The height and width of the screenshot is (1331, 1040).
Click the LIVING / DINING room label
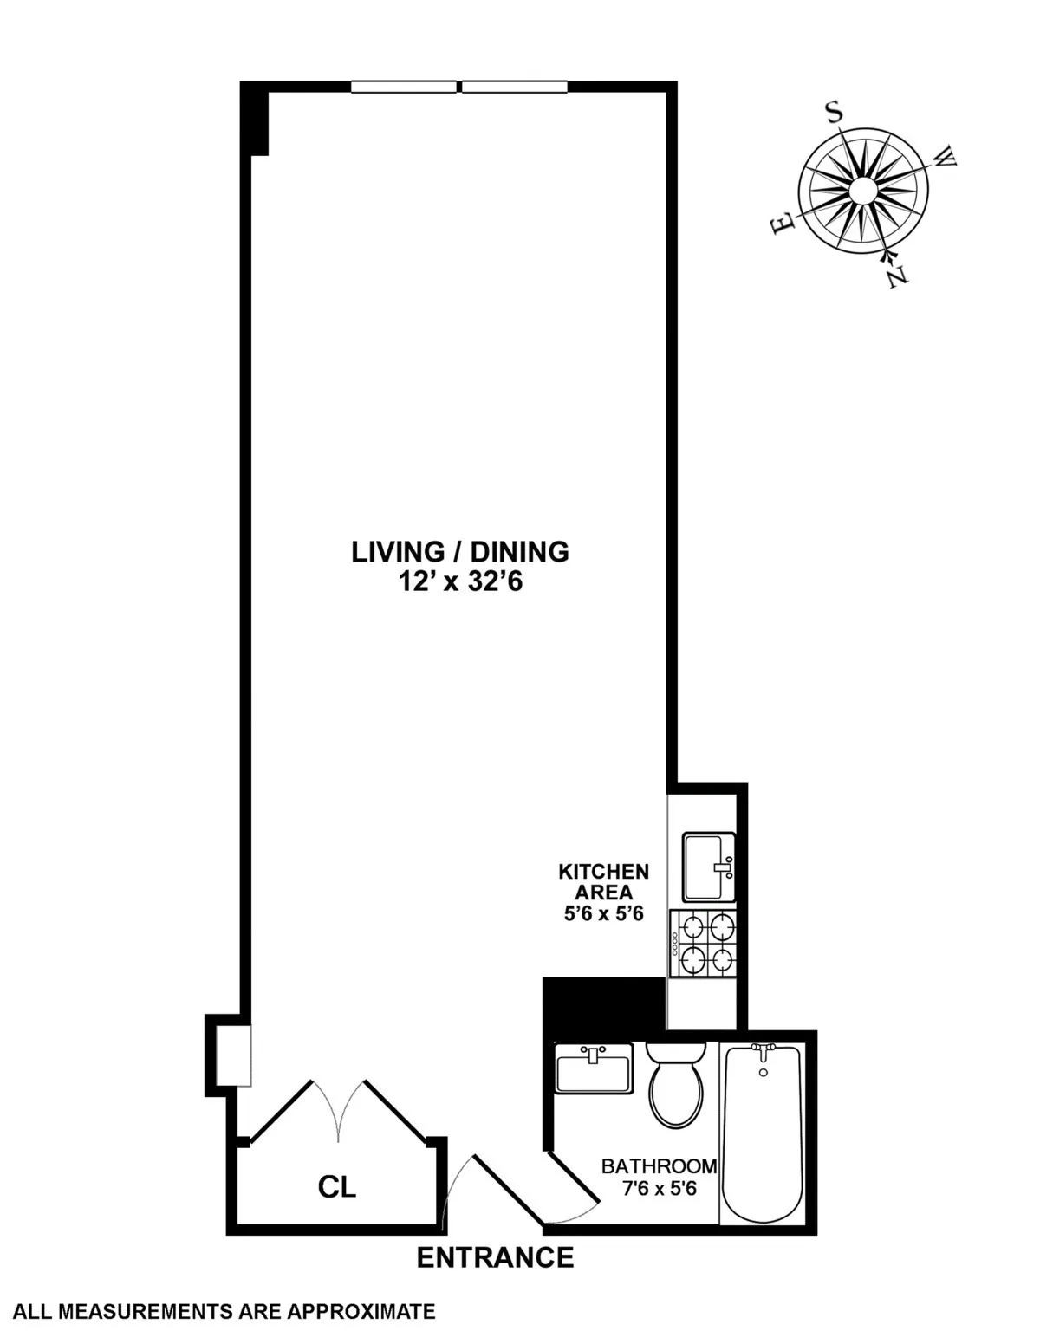point(459,552)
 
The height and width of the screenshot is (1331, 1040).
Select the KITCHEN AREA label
point(603,881)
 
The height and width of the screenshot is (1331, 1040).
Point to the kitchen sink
point(708,867)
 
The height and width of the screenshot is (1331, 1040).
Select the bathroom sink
point(594,1068)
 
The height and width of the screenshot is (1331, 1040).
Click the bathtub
point(763,1135)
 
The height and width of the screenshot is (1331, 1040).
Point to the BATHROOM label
point(659,1166)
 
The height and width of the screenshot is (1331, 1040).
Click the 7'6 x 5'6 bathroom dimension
point(659,1189)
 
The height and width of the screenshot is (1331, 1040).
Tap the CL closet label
point(336,1187)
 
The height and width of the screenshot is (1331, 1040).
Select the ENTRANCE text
point(495,1257)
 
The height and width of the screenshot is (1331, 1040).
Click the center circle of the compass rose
point(863,192)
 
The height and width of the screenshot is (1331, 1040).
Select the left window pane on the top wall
point(403,87)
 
